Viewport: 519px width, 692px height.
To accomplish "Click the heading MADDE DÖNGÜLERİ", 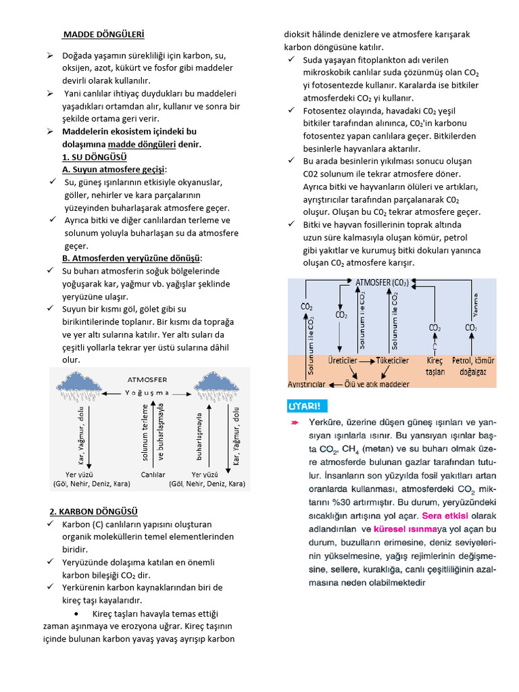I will [x=103, y=34].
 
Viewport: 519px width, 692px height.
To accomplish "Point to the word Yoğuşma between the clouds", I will [x=147, y=393].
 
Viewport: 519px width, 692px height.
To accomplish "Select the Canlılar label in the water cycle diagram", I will [x=153, y=475].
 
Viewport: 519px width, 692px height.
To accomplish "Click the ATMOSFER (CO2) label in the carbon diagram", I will [x=382, y=282].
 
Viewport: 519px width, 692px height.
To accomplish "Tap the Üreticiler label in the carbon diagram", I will [x=342, y=361].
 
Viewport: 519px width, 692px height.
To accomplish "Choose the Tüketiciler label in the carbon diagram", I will [x=392, y=361].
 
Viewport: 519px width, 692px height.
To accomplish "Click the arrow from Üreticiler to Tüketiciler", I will [x=366, y=362].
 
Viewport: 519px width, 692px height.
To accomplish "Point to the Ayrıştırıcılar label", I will [x=307, y=384].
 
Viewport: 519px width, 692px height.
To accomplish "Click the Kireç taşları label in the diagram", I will [x=435, y=366].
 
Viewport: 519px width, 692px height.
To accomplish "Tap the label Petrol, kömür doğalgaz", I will [x=473, y=366].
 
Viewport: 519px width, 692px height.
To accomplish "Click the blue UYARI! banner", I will [x=309, y=406].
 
